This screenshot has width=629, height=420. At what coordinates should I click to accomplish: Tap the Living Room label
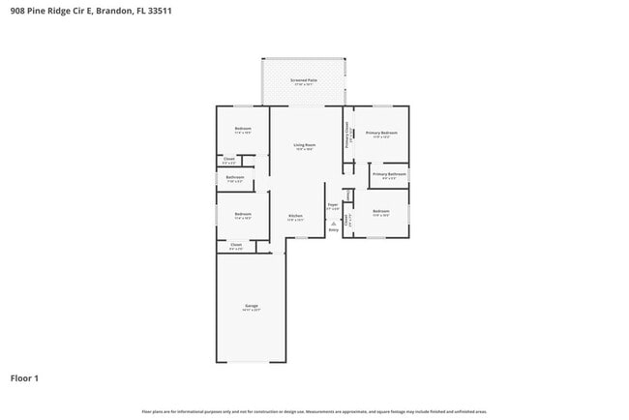[305, 145]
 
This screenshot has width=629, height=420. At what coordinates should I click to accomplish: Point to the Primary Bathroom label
[388, 174]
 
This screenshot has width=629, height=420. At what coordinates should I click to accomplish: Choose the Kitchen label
[295, 216]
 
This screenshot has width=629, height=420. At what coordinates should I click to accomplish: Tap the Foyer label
[332, 205]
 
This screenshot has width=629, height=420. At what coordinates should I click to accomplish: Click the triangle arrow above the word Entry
[333, 223]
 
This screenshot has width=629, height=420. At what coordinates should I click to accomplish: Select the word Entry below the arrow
[333, 229]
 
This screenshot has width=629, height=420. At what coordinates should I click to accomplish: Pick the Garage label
[251, 306]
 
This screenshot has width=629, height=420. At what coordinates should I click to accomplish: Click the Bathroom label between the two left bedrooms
[235, 177]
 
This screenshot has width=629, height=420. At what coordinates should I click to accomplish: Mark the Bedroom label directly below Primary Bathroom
[380, 211]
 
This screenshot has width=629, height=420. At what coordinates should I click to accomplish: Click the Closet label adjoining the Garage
[236, 246]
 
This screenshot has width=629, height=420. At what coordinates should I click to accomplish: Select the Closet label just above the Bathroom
[229, 159]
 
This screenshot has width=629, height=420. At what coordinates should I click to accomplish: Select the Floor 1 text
[24, 378]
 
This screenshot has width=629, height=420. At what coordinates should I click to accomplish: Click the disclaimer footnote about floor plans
[314, 411]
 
